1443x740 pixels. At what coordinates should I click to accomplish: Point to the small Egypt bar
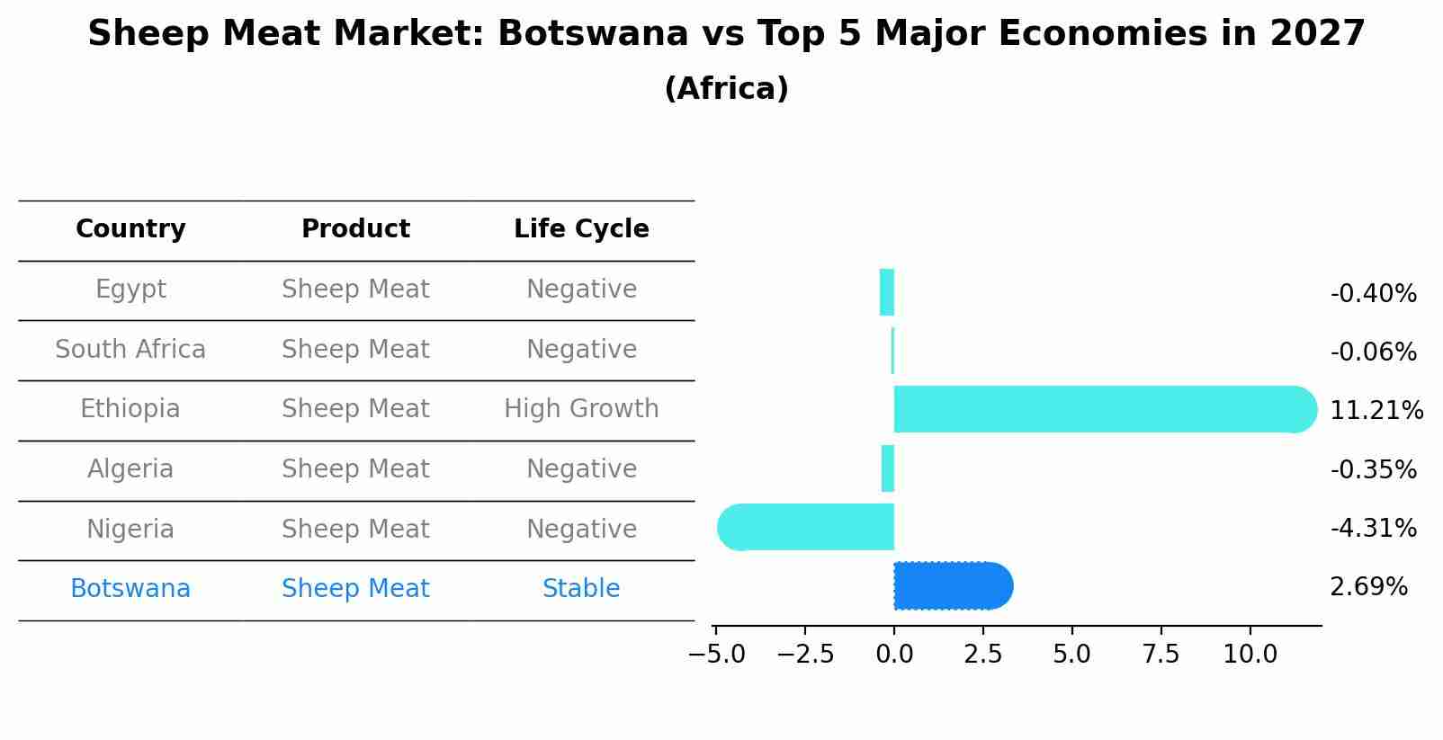tap(887, 292)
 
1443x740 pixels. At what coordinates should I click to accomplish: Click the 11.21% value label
tap(1376, 411)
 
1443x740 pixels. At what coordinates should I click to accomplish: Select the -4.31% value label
tap(1373, 528)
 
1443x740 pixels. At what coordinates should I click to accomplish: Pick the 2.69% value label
tap(1368, 587)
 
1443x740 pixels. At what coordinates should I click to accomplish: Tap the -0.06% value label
tap(1373, 352)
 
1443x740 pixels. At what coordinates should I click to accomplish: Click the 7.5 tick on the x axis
tap(1161, 655)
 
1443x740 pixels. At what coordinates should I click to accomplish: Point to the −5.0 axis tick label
tap(717, 655)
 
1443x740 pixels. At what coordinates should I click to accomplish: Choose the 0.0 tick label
tap(894, 655)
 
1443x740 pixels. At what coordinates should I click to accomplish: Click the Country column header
tap(130, 229)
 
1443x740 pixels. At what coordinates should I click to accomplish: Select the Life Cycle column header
tap(581, 229)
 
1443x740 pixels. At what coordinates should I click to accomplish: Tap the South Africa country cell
tap(130, 350)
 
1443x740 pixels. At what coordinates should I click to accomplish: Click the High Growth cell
tap(581, 409)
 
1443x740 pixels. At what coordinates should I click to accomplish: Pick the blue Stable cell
tap(581, 589)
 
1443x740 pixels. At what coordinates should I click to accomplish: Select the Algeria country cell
tap(130, 469)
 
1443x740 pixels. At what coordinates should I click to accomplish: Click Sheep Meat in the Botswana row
tap(355, 589)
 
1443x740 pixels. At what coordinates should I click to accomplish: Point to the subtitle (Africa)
tap(726, 89)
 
